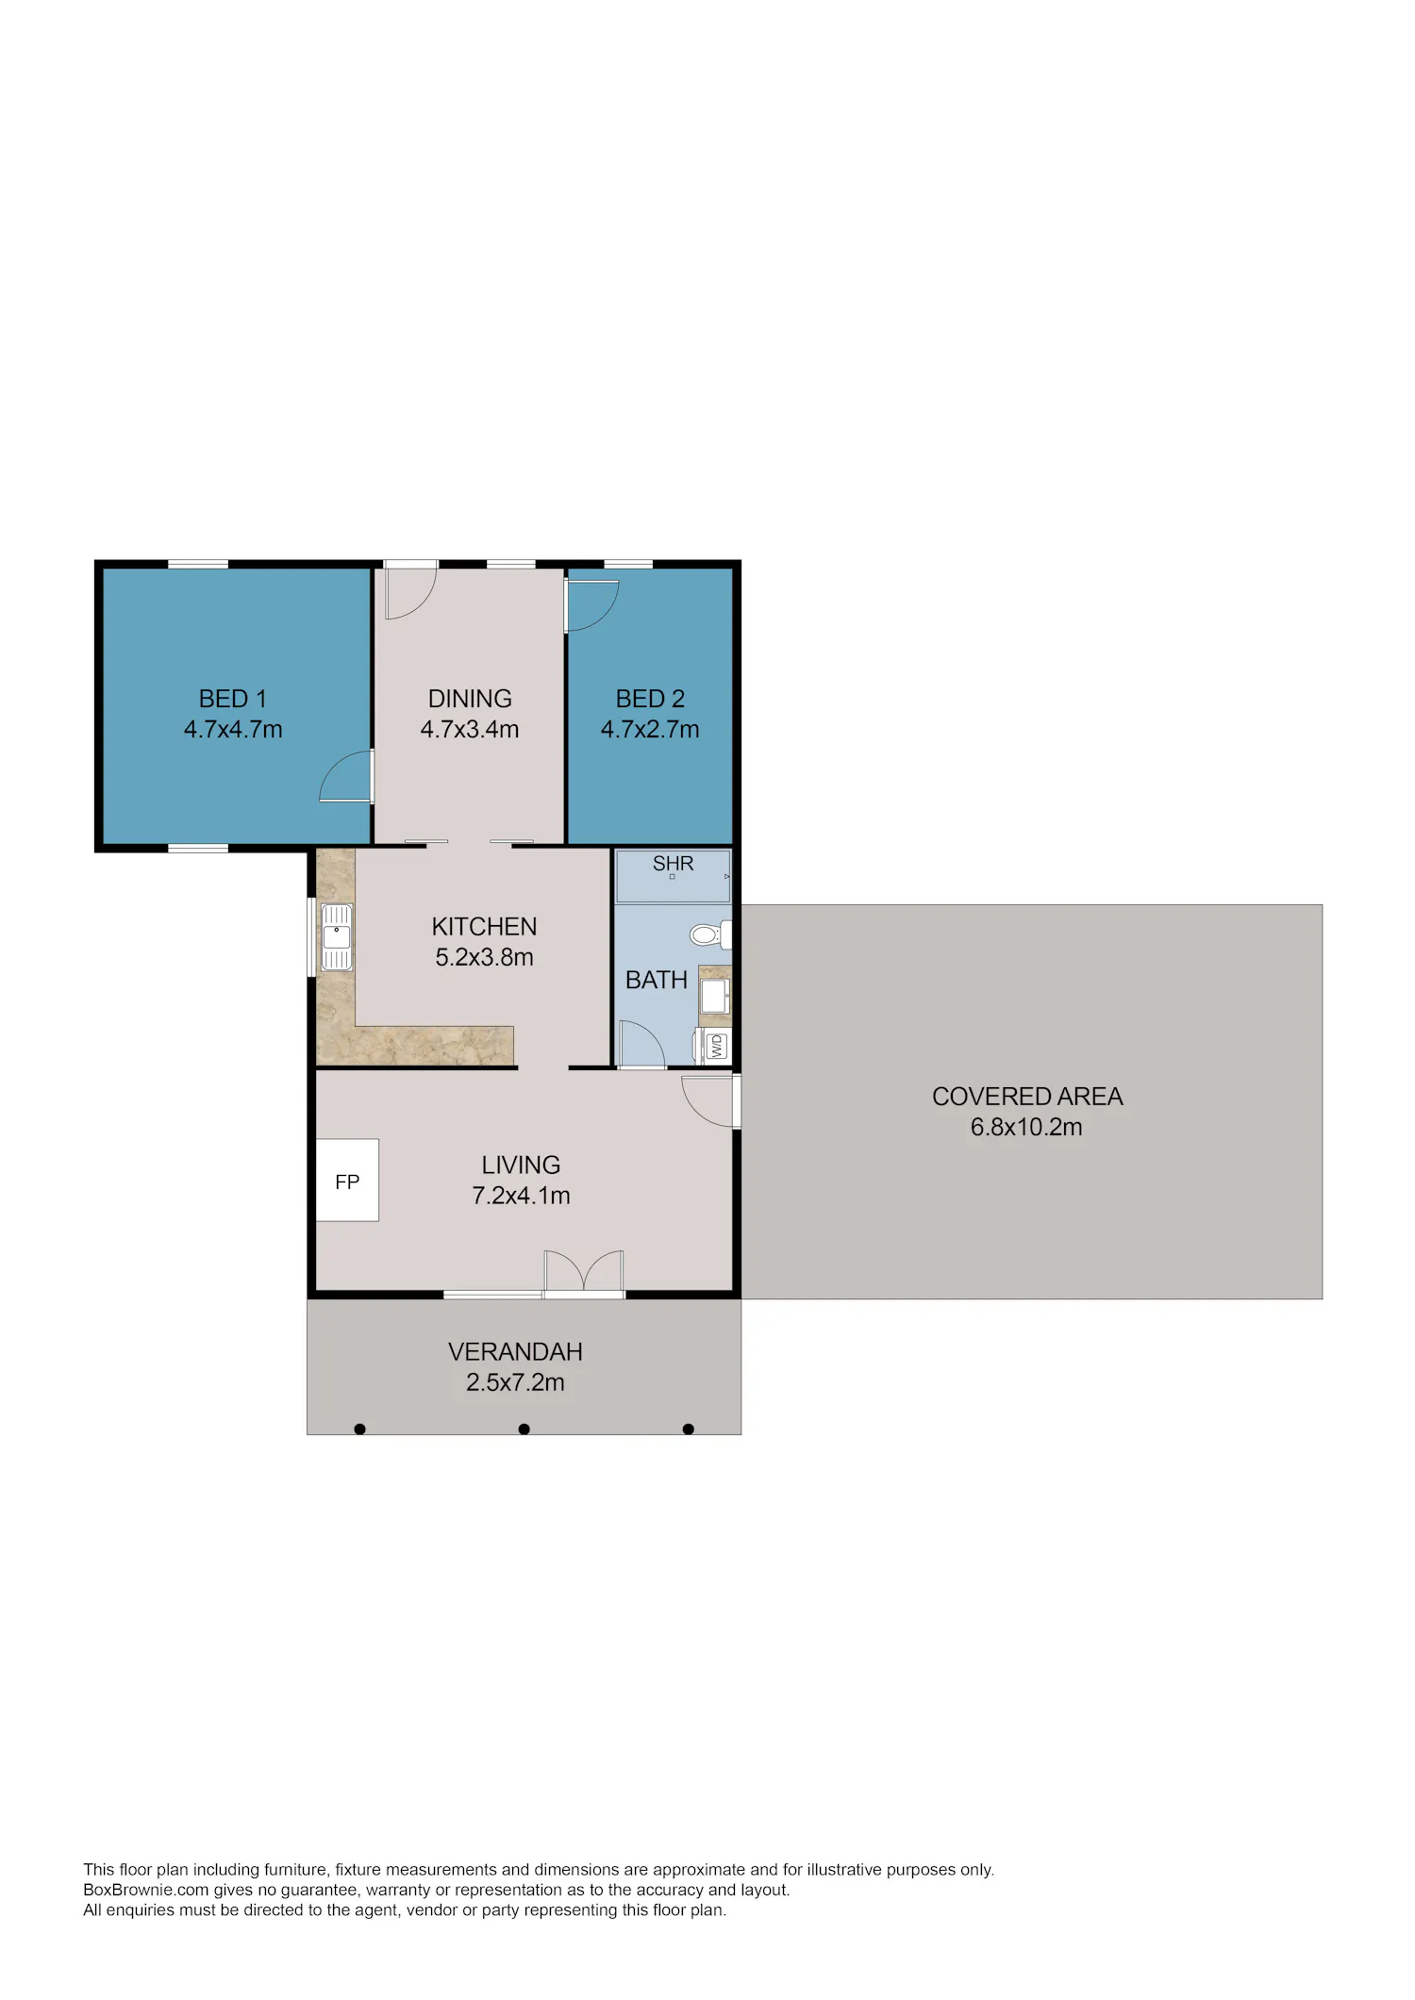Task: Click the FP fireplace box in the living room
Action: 347,1180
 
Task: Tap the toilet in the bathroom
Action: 710,934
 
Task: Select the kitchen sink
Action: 337,937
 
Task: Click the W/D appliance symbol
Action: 717,1046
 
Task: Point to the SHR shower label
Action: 673,864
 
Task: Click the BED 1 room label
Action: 233,699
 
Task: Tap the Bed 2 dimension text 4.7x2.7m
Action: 650,730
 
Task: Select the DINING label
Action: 470,699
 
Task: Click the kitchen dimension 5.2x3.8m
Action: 484,957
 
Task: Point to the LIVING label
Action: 521,1165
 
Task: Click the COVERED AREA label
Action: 1027,1097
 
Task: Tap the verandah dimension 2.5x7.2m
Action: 515,1382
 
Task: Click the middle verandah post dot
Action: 524,1430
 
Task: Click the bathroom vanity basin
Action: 714,995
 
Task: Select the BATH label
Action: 657,981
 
